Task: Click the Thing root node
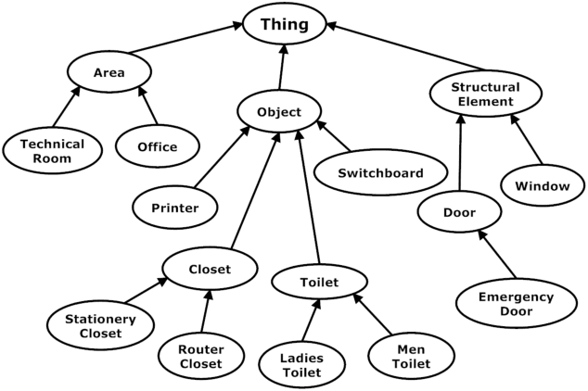pyautogui.click(x=286, y=25)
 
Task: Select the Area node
pyautogui.click(x=109, y=72)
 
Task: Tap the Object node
pyautogui.click(x=280, y=112)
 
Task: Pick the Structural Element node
pyautogui.click(x=485, y=93)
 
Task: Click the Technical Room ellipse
pyautogui.click(x=52, y=151)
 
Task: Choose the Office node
pyautogui.click(x=159, y=146)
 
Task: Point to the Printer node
pyautogui.click(x=174, y=208)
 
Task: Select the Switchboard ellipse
pyautogui.click(x=380, y=173)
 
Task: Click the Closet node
pyautogui.click(x=209, y=270)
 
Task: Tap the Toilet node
pyautogui.click(x=320, y=282)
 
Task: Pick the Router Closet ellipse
pyautogui.click(x=201, y=357)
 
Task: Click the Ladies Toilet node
pyautogui.click(x=300, y=365)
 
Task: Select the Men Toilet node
pyautogui.click(x=412, y=357)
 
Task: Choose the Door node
pyautogui.click(x=460, y=213)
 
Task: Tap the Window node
pyautogui.click(x=542, y=186)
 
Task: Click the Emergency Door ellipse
pyautogui.click(x=516, y=304)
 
